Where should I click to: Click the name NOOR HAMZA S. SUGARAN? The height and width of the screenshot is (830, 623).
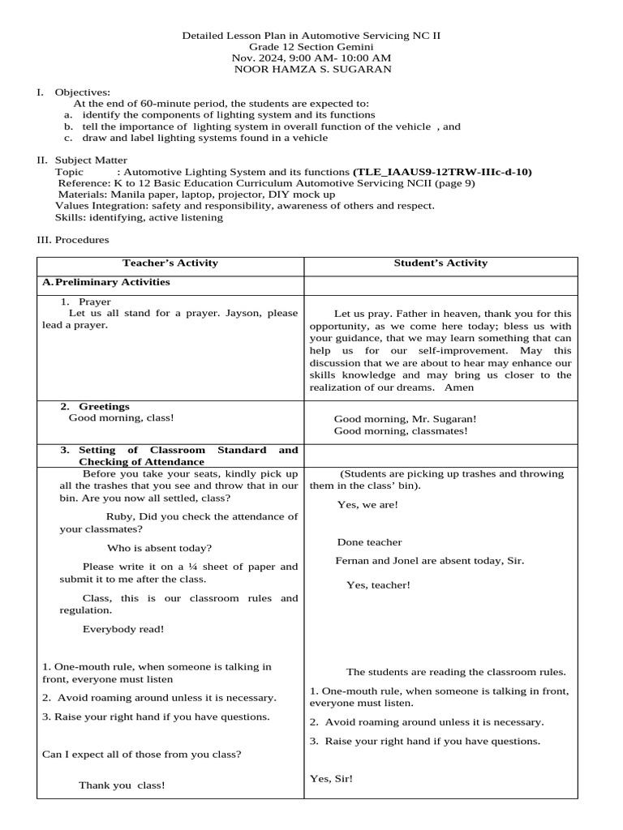[311, 69]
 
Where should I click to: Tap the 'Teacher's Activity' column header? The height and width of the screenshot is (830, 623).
[170, 263]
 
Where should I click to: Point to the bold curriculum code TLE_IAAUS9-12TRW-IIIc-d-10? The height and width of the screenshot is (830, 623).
[443, 172]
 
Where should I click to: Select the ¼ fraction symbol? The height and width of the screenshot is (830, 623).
[201, 567]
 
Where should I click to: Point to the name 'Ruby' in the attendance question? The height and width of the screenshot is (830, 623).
[119, 516]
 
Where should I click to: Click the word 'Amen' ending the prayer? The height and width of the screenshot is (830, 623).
[459, 387]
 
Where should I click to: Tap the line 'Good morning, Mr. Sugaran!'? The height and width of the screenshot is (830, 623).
[405, 419]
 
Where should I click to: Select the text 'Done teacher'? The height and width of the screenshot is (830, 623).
[369, 542]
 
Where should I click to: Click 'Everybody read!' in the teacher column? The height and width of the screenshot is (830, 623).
[123, 628]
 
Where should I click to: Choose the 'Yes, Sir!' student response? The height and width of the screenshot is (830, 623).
[332, 779]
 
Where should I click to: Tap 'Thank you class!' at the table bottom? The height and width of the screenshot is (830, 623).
[122, 785]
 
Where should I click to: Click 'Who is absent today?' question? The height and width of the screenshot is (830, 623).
[160, 548]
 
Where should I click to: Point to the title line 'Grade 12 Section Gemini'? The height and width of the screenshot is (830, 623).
[311, 47]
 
